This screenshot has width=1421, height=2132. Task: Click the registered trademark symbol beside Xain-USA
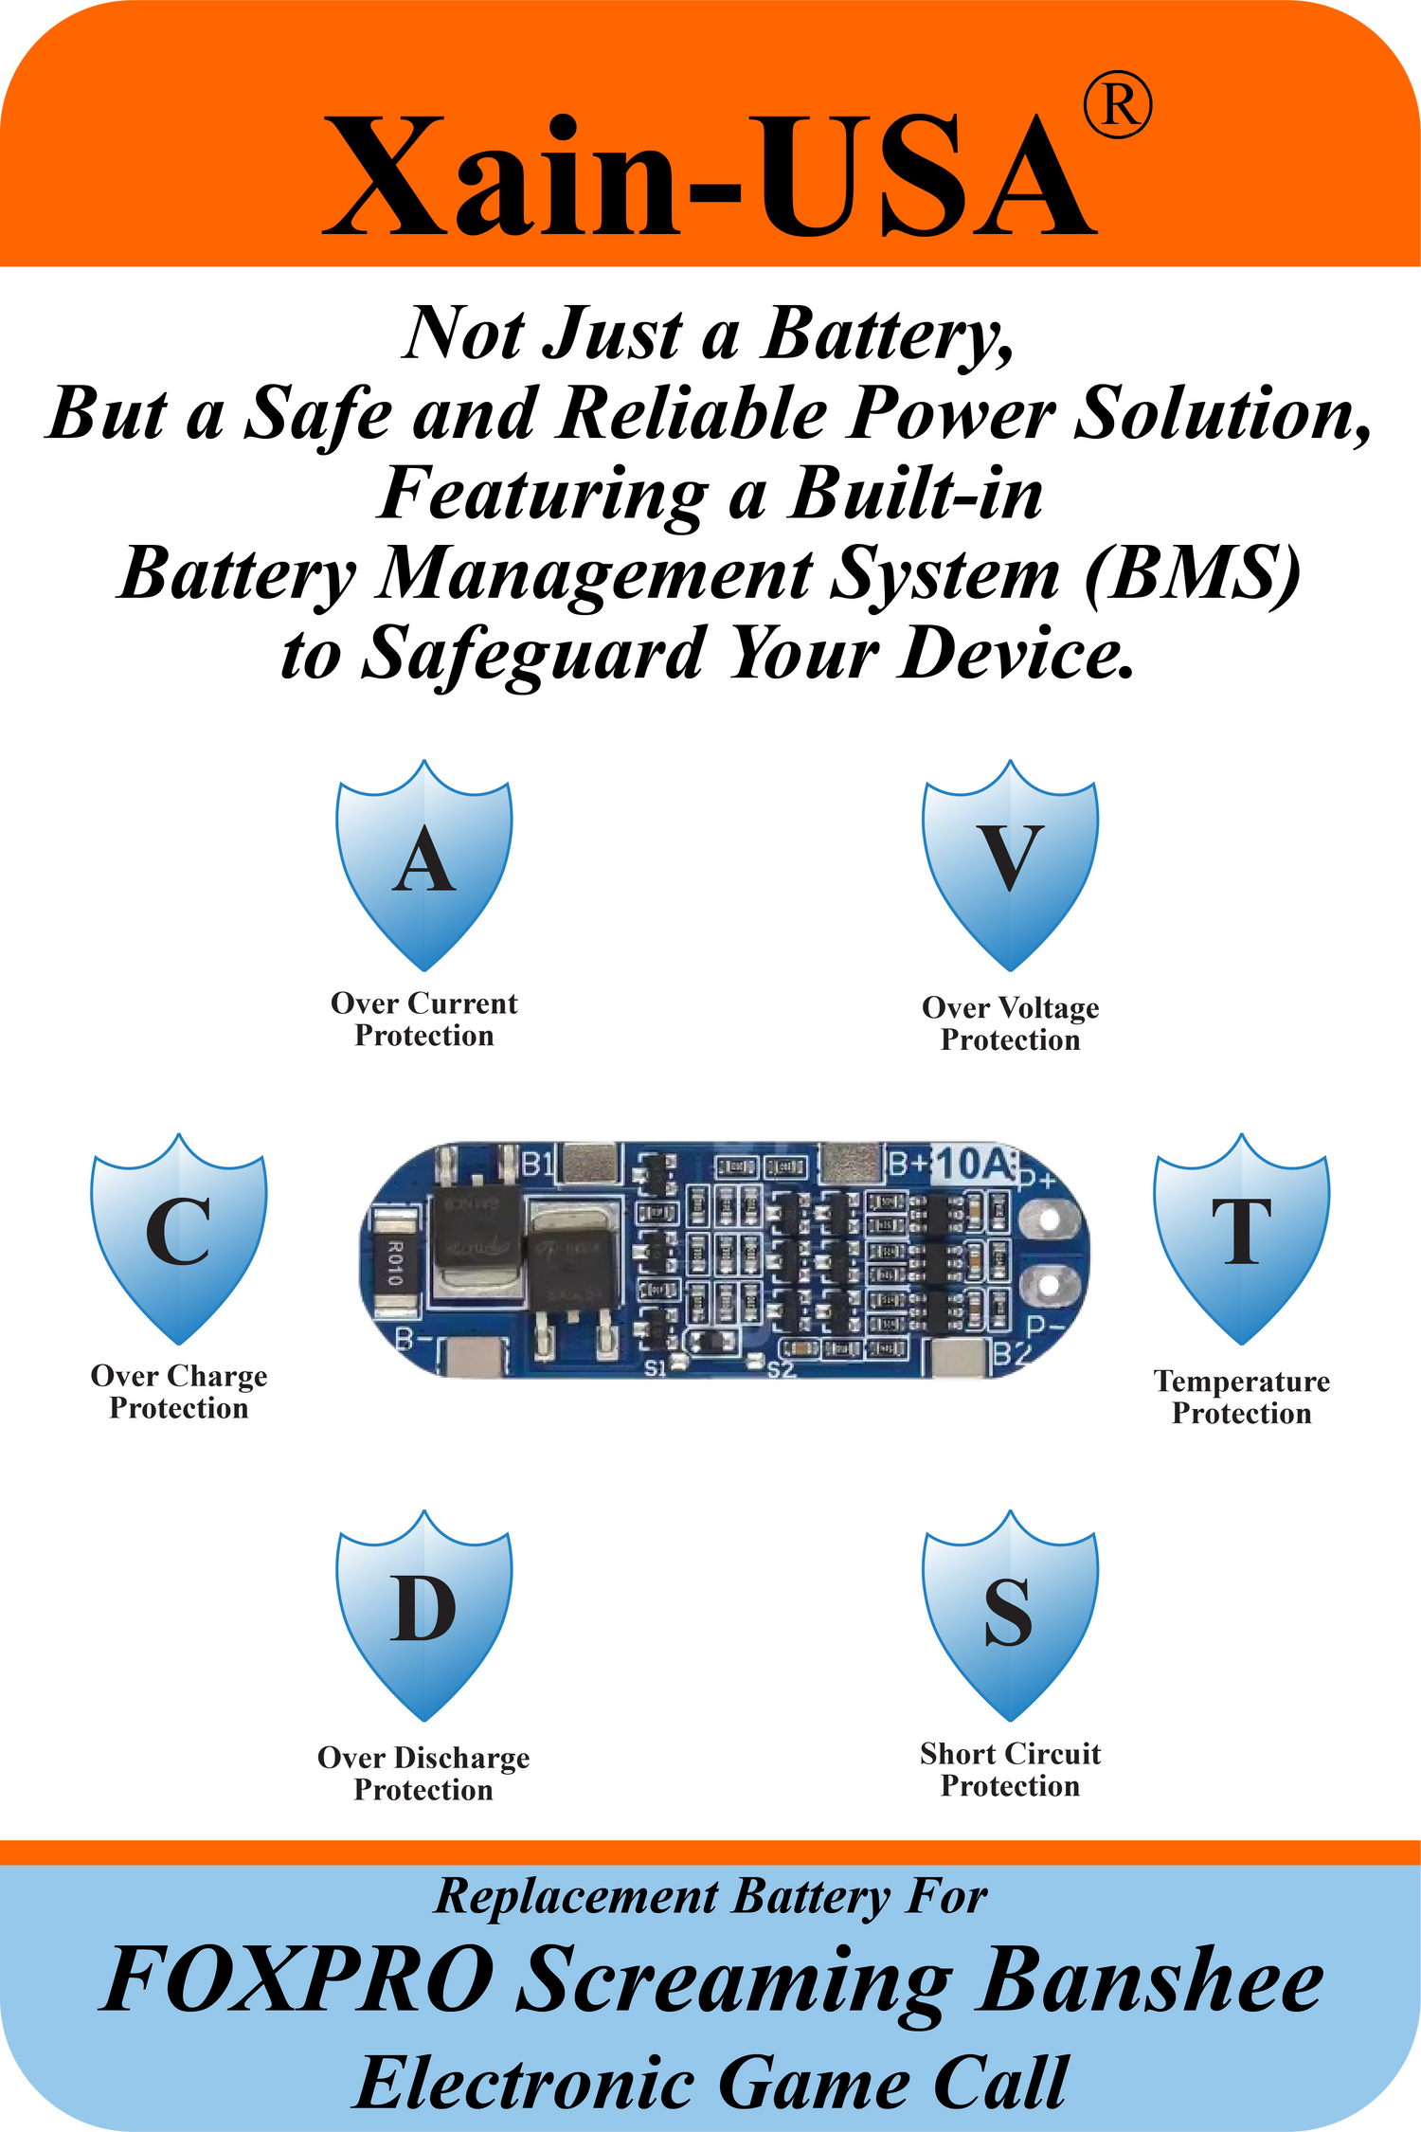(1118, 106)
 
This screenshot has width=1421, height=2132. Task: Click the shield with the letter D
(424, 1614)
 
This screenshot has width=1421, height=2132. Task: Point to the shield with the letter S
(1010, 1614)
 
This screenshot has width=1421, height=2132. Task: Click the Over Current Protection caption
(424, 1020)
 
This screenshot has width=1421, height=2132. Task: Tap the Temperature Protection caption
(1242, 1397)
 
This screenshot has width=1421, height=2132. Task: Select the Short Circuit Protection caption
(1010, 1770)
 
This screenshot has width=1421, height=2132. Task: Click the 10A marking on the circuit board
(974, 1165)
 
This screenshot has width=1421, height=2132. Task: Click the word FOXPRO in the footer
(298, 1980)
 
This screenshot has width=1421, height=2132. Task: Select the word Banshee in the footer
(1150, 1980)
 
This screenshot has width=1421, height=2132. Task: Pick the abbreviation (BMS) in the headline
(1193, 574)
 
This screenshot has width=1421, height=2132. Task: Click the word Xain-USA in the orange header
(709, 175)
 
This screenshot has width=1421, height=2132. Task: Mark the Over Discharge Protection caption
(423, 1774)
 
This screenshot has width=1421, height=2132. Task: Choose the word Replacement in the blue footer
(576, 1898)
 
